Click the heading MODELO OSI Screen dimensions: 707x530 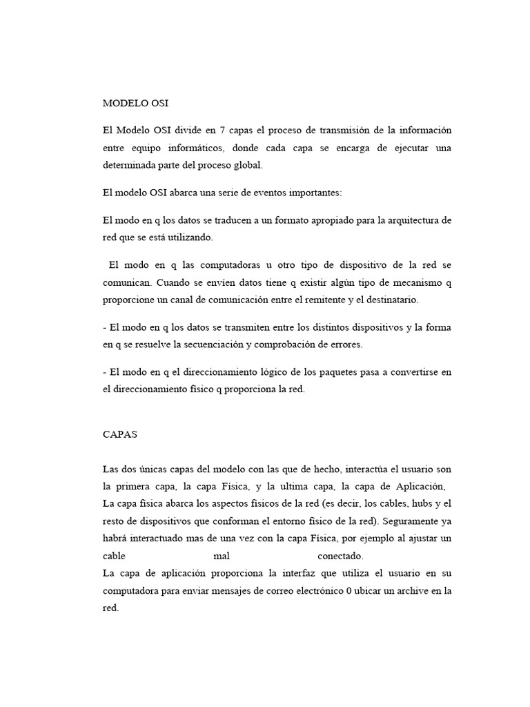(135, 104)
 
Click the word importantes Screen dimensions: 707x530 (323, 193)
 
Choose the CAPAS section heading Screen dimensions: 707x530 (120, 436)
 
